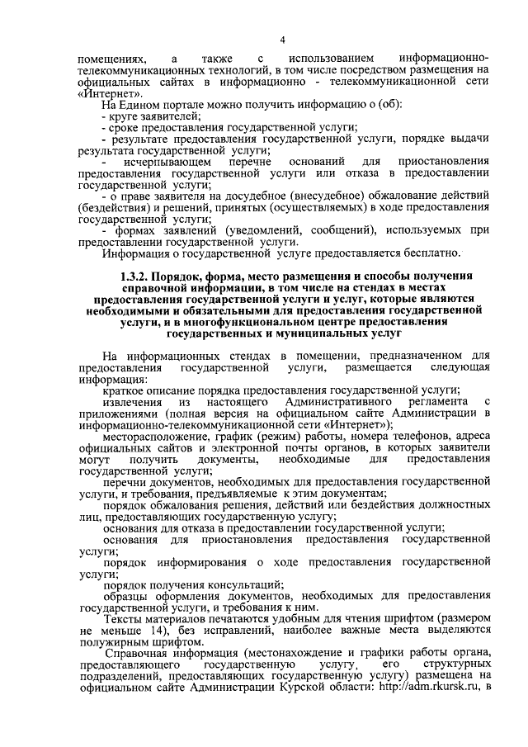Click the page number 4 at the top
pos(282,40)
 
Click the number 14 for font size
pos(139,632)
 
